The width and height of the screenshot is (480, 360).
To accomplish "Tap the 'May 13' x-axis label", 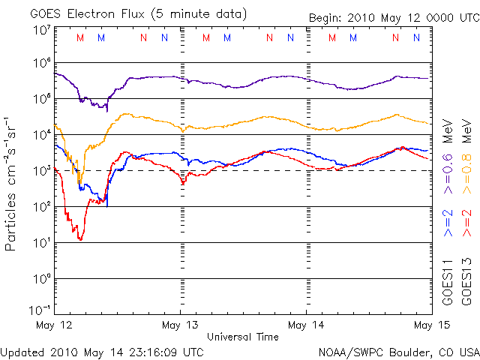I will (181, 325).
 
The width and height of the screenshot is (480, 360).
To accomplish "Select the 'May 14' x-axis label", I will (307, 325).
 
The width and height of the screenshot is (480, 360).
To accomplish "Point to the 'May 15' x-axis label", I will (430, 325).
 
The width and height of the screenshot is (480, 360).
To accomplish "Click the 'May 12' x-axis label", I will (55, 325).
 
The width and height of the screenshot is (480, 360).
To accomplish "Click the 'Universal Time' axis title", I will (243, 337).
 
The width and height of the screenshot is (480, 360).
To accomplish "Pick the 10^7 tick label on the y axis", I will (42, 31).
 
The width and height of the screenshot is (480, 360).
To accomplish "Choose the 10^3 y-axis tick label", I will (42, 171).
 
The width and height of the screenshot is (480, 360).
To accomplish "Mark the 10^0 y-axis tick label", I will (42, 279).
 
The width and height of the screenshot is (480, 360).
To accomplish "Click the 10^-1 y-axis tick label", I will (40, 310).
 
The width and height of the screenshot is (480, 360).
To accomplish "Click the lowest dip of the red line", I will (79, 238).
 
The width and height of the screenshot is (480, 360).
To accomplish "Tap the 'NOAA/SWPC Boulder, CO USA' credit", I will (398, 351).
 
